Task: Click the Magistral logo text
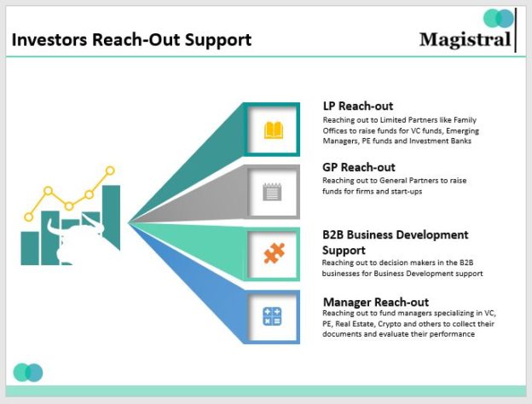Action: click(x=465, y=39)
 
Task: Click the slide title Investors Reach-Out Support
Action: click(x=131, y=39)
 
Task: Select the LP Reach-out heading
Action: click(x=357, y=106)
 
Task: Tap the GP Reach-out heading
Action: click(x=358, y=167)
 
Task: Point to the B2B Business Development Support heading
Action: click(x=395, y=242)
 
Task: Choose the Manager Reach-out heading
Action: click(x=375, y=302)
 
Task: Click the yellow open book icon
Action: click(x=273, y=130)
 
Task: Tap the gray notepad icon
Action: click(x=273, y=191)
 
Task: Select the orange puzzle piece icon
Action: click(x=273, y=253)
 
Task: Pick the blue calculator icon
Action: click(x=273, y=316)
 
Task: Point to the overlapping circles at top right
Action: click(x=499, y=18)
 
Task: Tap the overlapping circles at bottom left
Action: click(x=28, y=372)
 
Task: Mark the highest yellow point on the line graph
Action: click(x=110, y=170)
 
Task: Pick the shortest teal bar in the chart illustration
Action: click(x=30, y=246)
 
